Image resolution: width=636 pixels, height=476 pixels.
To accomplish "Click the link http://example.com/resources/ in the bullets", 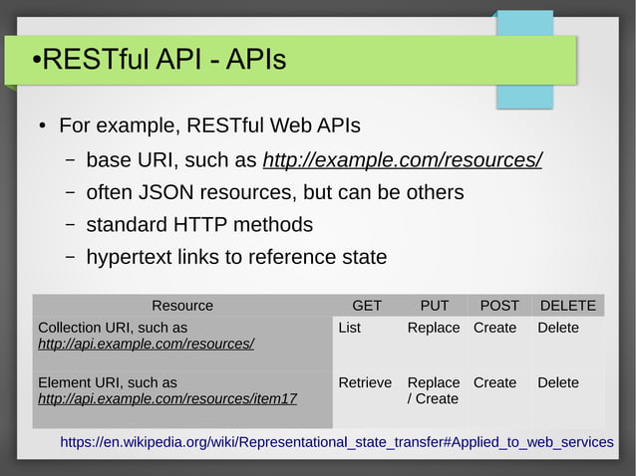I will click(402, 159).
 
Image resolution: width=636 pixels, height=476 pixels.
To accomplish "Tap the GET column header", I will click(367, 306).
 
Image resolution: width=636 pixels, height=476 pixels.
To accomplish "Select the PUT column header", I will click(434, 306).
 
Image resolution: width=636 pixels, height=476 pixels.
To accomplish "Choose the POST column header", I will click(499, 306).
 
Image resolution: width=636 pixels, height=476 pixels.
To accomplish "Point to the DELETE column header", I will click(567, 306).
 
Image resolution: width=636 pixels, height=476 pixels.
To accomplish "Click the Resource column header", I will click(182, 306).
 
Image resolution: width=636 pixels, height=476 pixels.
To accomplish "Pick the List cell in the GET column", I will click(350, 328).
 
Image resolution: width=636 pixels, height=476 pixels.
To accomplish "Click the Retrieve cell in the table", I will click(365, 382).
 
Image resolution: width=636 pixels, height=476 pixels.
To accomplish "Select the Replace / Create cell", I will click(434, 390).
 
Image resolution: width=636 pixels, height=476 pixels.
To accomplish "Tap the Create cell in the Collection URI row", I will click(494, 328).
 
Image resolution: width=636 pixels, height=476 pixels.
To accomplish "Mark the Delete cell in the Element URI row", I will click(557, 382).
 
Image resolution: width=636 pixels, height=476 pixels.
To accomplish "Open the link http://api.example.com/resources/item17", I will click(167, 398).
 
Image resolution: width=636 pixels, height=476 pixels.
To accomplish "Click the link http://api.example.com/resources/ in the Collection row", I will click(146, 344).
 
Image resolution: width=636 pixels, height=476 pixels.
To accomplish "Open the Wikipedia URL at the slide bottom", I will click(337, 441).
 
